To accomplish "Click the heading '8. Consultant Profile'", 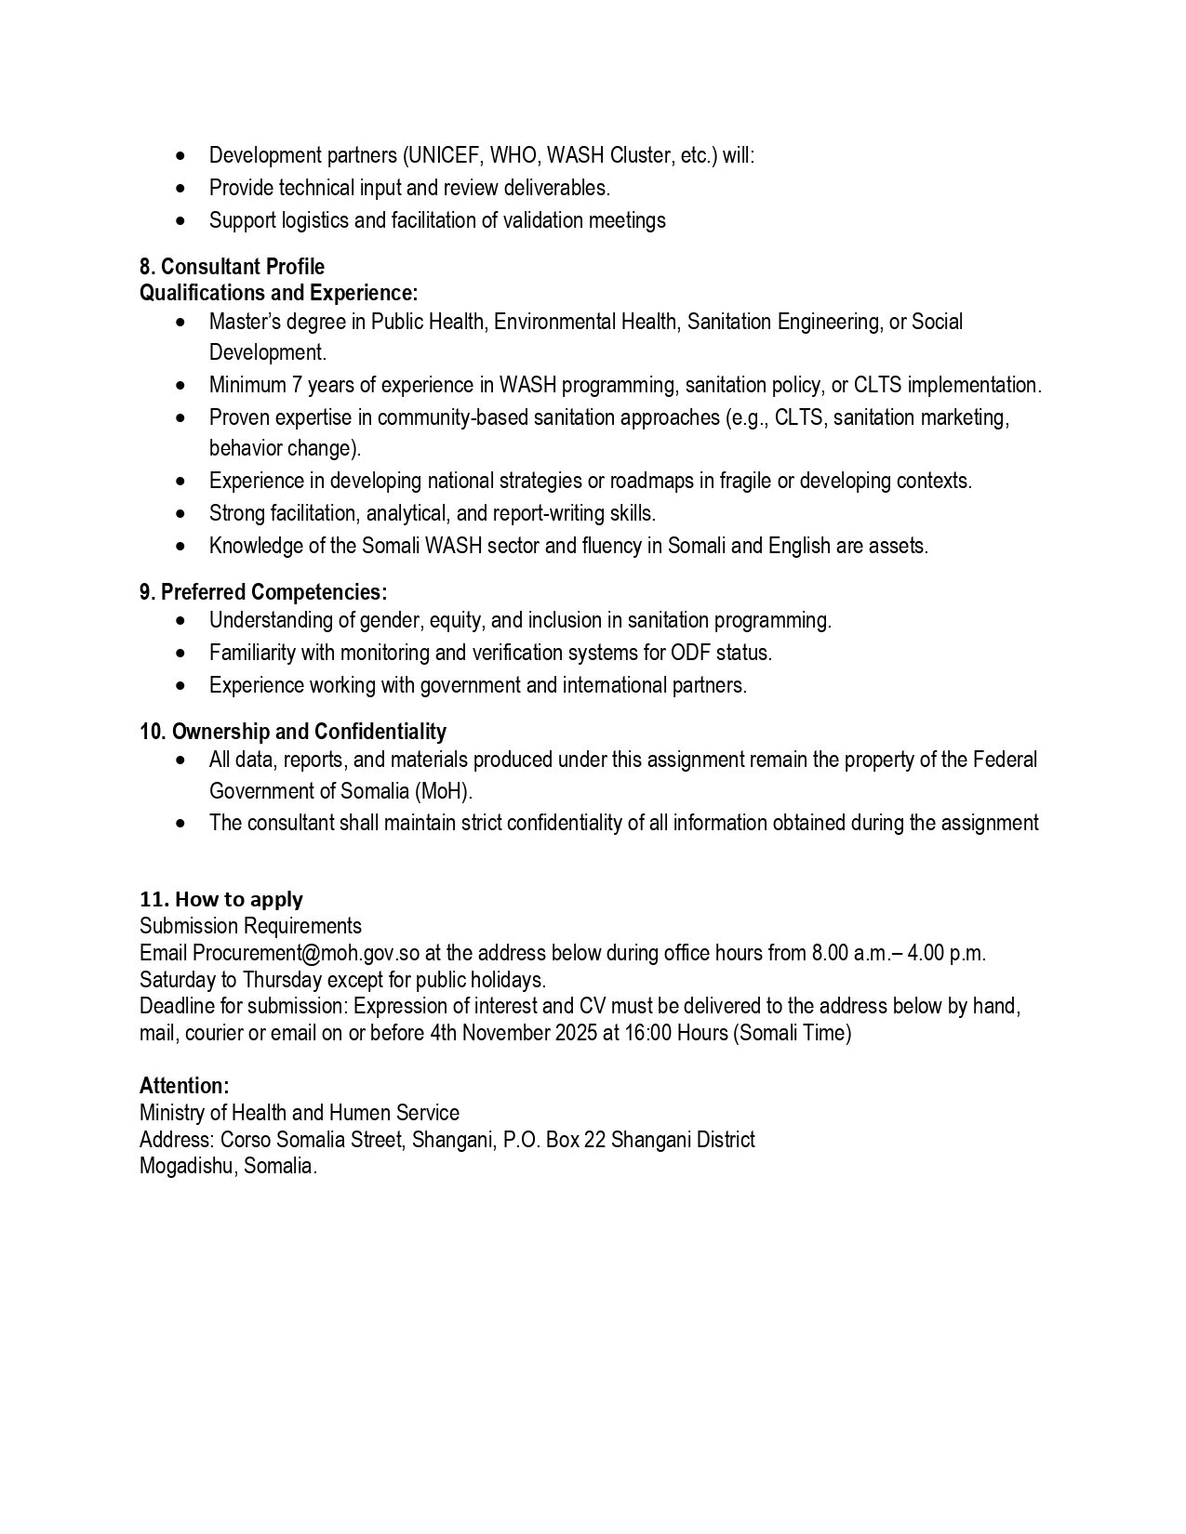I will click(232, 268).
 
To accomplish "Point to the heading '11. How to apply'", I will click(221, 899).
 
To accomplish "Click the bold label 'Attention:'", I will click(184, 1085).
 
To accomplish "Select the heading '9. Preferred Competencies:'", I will click(263, 592).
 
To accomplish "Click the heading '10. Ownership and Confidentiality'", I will click(293, 732).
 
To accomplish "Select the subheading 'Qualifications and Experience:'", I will click(278, 294).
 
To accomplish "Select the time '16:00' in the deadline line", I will click(646, 1033).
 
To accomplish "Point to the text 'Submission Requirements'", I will click(250, 926).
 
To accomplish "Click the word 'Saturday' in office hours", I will click(176, 980).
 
